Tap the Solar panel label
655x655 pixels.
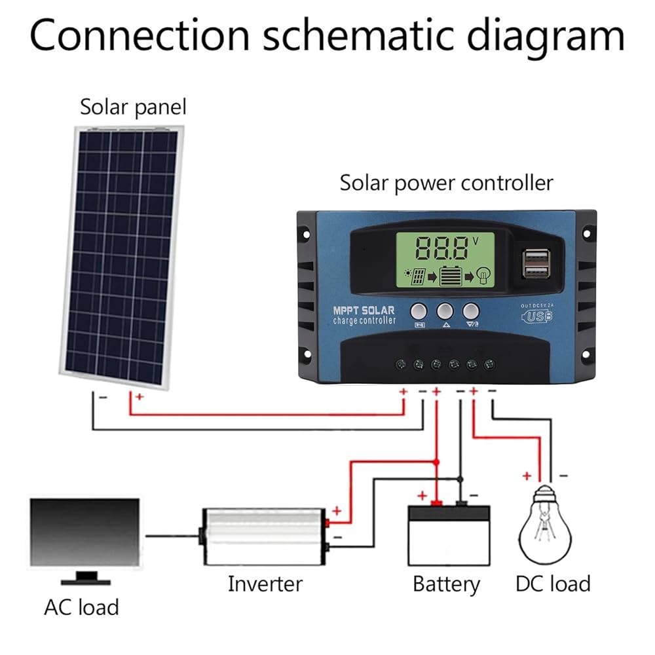coord(133,107)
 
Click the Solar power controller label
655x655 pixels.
coord(446,183)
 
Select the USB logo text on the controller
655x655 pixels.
coord(536,316)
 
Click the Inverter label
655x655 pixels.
coord(265,583)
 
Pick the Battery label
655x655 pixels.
coord(446,583)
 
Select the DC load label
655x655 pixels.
coord(553,583)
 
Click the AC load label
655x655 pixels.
coord(81,607)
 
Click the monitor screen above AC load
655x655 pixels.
coord(84,531)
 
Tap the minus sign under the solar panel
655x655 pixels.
coord(103,397)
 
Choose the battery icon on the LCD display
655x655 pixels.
coord(450,276)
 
